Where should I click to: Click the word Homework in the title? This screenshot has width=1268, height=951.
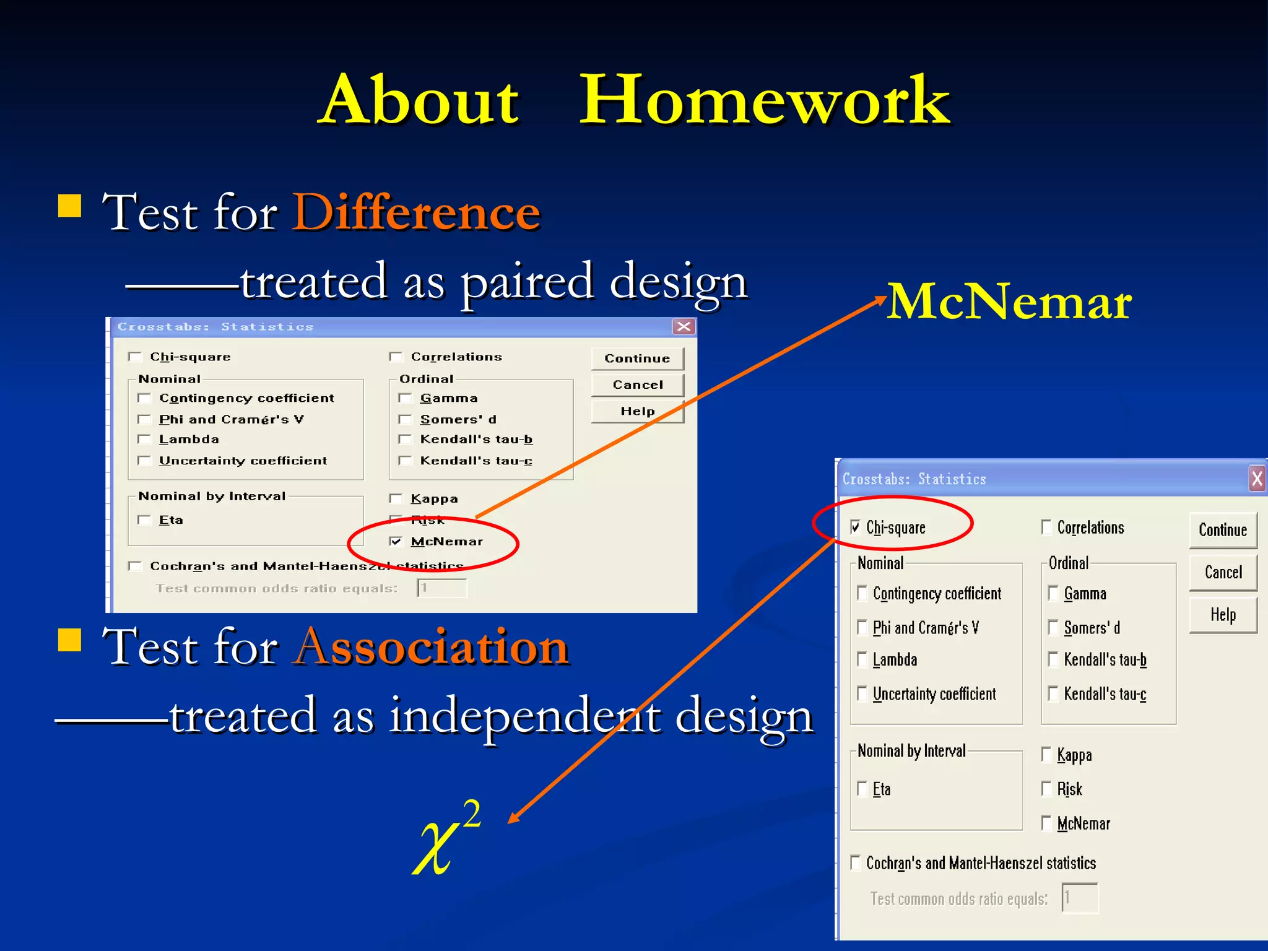click(x=764, y=100)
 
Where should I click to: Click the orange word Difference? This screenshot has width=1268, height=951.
click(x=416, y=212)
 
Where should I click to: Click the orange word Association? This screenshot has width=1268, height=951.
click(x=431, y=647)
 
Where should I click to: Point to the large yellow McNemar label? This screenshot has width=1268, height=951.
click(x=1009, y=302)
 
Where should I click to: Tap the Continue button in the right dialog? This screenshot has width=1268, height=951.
click(x=1223, y=530)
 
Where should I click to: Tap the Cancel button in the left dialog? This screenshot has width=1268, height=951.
click(x=638, y=385)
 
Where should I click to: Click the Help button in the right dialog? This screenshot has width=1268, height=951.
click(x=1223, y=615)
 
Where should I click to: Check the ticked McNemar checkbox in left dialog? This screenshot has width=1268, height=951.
click(x=396, y=542)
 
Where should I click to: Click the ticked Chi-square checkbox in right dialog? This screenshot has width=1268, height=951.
click(x=856, y=528)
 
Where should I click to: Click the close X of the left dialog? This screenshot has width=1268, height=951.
click(x=684, y=327)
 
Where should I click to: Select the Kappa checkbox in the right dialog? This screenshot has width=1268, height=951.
click(x=1046, y=755)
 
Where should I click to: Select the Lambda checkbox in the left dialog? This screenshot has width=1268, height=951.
click(x=144, y=440)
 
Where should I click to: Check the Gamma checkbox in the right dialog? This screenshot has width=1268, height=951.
click(x=1053, y=593)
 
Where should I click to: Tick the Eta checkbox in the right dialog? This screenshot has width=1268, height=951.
click(x=862, y=789)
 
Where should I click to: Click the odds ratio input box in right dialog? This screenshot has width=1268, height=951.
click(x=1080, y=898)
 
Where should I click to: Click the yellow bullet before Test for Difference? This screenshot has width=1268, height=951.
click(x=70, y=206)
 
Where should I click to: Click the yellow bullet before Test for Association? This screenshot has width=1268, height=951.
click(x=70, y=641)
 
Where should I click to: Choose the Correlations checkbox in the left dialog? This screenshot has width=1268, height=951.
click(x=396, y=357)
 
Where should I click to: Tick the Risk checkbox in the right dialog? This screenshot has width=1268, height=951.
click(x=1046, y=789)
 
